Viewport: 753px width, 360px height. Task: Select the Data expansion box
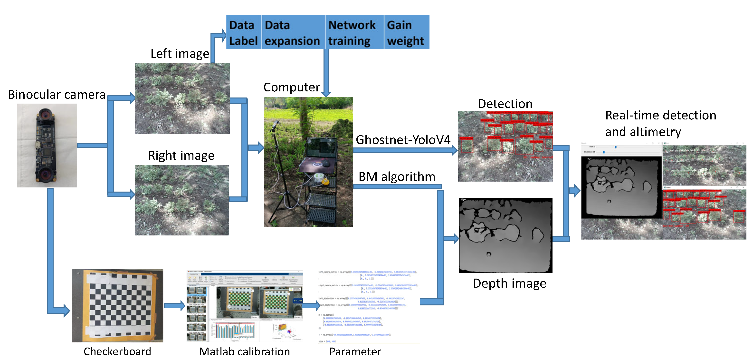(292, 32)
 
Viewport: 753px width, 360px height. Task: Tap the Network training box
(352, 32)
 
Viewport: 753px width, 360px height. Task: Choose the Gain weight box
(406, 32)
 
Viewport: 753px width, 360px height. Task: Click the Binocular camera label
(57, 95)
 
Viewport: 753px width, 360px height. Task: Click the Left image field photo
(182, 98)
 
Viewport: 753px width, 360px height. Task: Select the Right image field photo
(182, 200)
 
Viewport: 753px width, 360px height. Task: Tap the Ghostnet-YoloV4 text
(403, 140)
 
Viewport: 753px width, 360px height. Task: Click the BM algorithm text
(397, 177)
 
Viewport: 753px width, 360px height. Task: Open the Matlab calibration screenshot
(244, 305)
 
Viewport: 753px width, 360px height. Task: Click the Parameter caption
(355, 351)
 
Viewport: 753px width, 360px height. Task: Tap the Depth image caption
(509, 283)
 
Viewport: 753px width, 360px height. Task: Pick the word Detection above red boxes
(505, 104)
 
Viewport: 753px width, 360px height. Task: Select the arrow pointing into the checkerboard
(63, 310)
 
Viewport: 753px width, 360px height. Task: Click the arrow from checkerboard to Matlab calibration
(174, 306)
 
